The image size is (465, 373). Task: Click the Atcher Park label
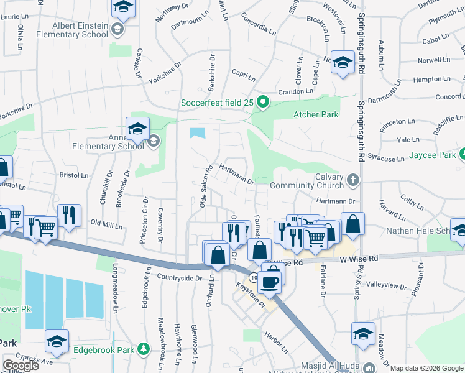315,114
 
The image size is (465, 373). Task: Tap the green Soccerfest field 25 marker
263,103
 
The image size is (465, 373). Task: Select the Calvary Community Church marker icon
353,181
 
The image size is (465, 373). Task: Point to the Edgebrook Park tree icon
144,350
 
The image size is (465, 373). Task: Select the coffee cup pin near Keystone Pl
270,282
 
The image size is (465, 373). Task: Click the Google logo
21,366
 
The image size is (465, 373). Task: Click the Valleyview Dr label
387,287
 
